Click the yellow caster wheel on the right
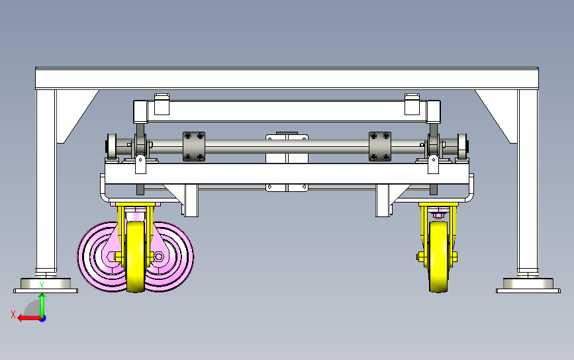tap(438, 256)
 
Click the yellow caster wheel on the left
tap(136, 256)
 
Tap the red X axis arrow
tap(29, 318)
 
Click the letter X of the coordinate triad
tap(13, 314)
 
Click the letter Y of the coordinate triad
tap(42, 285)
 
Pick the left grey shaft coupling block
tap(194, 146)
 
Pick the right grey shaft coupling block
tap(379, 146)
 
